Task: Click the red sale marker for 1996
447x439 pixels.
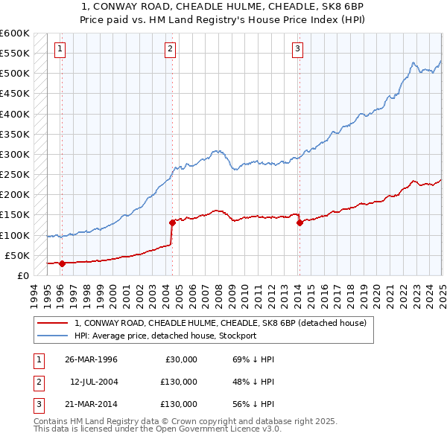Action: tap(62, 263)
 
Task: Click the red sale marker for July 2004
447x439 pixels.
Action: tap(172, 222)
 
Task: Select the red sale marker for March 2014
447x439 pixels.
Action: tap(299, 222)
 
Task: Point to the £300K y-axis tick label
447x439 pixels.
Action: tap(15, 154)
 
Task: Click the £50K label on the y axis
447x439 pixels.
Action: tap(18, 255)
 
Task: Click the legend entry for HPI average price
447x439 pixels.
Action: tap(165, 336)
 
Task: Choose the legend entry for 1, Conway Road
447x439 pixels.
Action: tap(220, 324)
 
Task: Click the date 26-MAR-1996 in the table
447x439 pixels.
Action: tap(91, 359)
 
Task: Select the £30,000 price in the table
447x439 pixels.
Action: tap(181, 359)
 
